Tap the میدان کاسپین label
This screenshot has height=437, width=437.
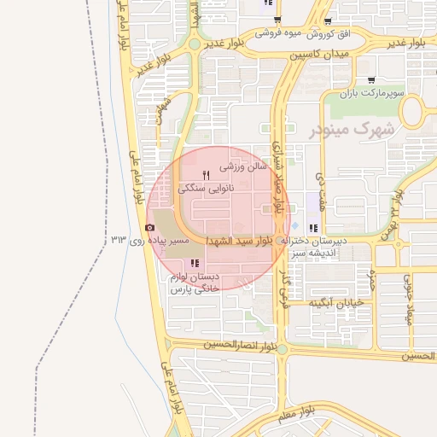[320, 54]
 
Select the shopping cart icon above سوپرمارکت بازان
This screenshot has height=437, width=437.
[370, 79]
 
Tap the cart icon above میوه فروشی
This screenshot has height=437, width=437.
[277, 20]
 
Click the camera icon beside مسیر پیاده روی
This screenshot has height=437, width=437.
[150, 227]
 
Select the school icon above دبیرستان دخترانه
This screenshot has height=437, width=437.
[313, 228]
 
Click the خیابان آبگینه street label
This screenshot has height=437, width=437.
[337, 302]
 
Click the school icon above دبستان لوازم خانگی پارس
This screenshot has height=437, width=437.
[195, 263]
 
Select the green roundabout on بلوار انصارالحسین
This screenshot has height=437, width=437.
[283, 349]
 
